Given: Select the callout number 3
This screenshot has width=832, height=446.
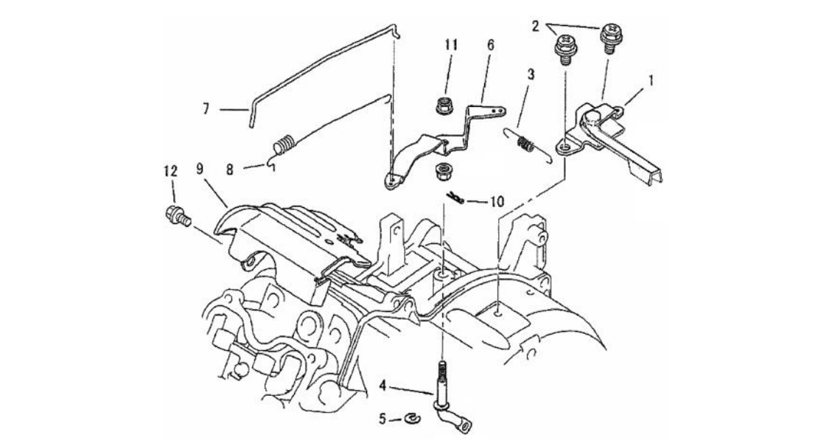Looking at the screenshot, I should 531,74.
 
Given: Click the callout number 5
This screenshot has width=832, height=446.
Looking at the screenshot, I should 383,419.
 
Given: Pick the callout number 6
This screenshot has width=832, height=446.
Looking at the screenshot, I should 490,44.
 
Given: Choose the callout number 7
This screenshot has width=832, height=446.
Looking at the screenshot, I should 206,109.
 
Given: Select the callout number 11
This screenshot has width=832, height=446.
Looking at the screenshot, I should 450,44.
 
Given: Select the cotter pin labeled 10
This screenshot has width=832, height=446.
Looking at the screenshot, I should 457,198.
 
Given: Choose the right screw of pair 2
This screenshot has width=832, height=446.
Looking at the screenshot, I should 610,35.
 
